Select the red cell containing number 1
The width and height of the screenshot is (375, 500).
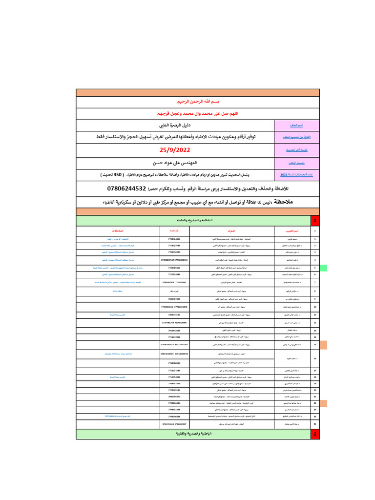click(x=314, y=221)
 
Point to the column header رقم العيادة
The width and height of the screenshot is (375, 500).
click(x=175, y=230)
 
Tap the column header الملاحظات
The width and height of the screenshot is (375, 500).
click(x=118, y=230)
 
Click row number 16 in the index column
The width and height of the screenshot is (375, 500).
click(x=314, y=358)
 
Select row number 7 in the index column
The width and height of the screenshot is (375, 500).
click(x=314, y=282)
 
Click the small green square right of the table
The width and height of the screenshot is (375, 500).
click(x=323, y=268)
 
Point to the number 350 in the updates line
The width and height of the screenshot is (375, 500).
click(x=118, y=174)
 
